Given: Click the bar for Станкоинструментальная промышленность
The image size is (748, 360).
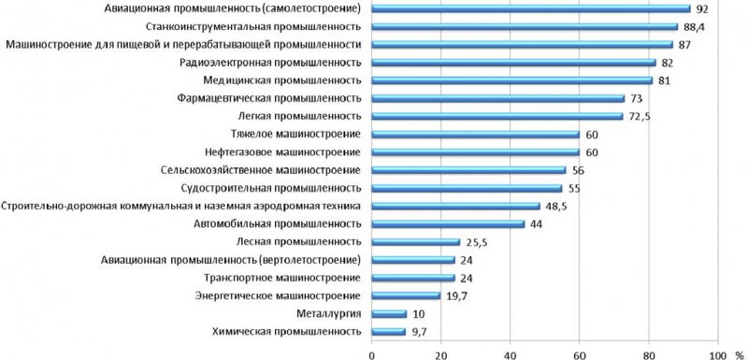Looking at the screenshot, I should [x=525, y=26].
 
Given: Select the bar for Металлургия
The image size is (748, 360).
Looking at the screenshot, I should [x=389, y=313].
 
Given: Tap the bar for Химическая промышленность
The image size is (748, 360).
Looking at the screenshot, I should [x=388, y=331].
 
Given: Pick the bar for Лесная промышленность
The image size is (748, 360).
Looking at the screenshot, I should [x=416, y=241].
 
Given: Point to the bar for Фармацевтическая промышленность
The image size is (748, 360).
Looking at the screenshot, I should [x=497, y=98].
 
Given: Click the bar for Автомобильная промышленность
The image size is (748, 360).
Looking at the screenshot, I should [x=448, y=223].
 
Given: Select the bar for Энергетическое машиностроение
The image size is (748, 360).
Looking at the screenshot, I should [x=406, y=295].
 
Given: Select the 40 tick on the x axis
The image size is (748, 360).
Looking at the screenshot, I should [x=511, y=353].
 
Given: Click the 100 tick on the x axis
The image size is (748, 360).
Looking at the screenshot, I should [x=717, y=353].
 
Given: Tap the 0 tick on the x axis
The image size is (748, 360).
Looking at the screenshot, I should [x=372, y=353].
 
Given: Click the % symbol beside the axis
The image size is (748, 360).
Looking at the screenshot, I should [x=739, y=353].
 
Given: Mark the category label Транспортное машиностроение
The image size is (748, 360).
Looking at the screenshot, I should [x=281, y=278].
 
